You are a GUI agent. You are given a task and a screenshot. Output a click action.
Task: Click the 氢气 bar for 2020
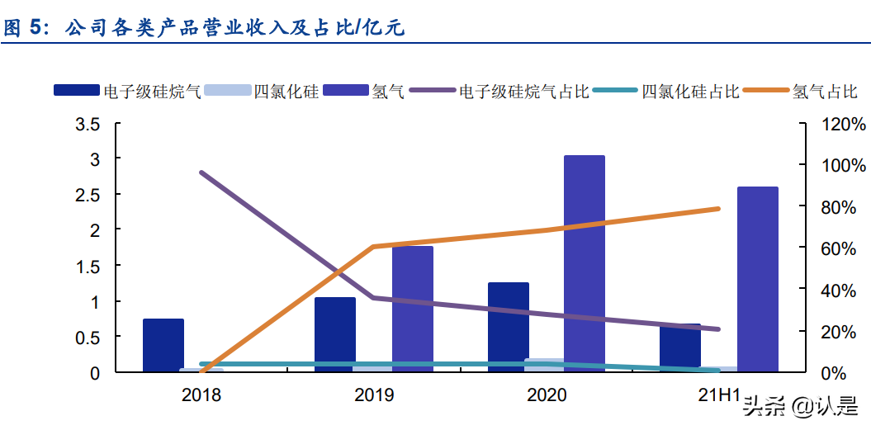tap(584, 263)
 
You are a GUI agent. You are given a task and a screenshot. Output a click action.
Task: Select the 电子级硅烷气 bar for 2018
tap(163, 345)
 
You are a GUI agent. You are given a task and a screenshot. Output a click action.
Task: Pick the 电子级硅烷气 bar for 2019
tap(335, 334)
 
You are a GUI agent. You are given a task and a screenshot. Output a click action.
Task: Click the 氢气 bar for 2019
tap(413, 309)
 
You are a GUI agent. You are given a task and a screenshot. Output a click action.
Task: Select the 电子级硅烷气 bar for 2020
tap(509, 327)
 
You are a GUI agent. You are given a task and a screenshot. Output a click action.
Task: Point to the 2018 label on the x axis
tap(201, 395)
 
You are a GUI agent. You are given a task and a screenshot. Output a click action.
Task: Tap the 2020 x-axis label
tap(547, 395)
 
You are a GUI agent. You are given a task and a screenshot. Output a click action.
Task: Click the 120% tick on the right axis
tap(843, 125)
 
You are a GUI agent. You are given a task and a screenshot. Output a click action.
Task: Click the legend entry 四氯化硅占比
tap(690, 91)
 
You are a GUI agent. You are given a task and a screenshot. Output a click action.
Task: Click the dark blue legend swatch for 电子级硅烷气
tap(77, 91)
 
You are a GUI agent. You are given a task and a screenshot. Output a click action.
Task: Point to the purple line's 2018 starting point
tap(201, 172)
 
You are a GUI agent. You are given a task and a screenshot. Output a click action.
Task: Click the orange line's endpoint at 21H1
tap(718, 209)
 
